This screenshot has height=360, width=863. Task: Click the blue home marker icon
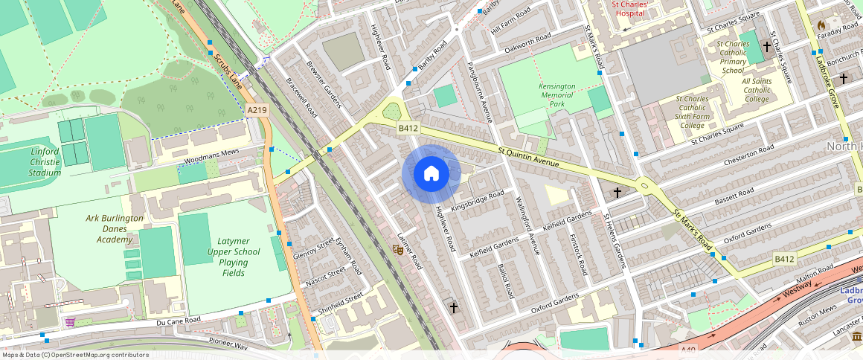431,174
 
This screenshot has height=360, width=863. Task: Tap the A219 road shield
257,110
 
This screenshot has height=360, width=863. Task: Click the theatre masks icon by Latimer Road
398,251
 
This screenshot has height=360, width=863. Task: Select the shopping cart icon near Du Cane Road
70,322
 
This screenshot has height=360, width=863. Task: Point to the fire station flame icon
821,25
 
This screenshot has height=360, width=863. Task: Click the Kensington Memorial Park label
556,95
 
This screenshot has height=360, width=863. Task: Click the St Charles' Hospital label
630,8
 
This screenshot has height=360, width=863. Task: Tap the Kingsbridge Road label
477,202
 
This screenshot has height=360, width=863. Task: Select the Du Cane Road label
179,321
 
